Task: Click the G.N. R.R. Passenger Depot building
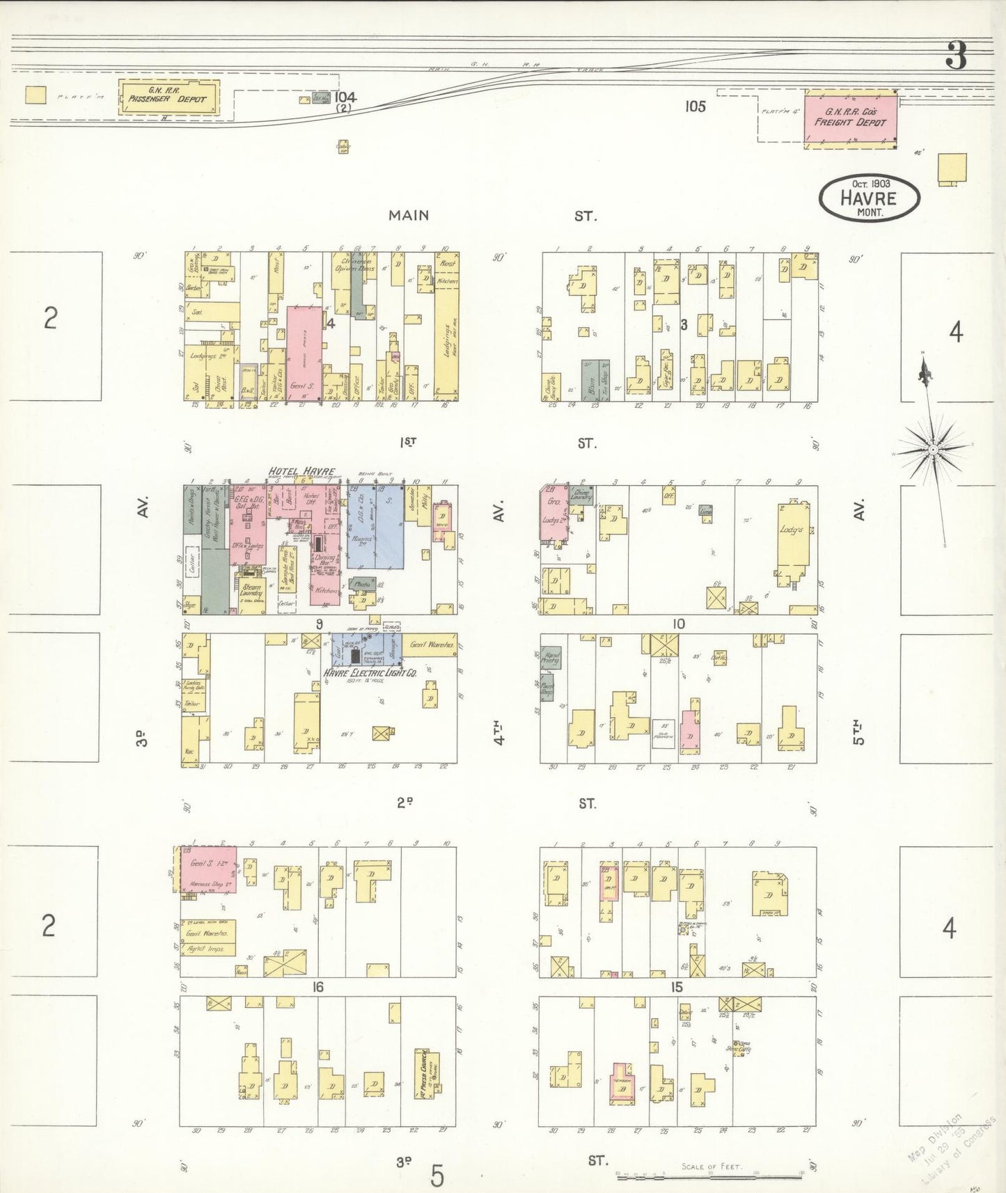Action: (168, 98)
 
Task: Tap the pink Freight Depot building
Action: (850, 118)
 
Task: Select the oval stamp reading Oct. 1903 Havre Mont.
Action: (869, 198)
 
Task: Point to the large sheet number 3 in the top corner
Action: (957, 56)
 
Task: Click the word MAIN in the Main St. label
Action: (409, 216)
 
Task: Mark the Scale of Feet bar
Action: (710, 1177)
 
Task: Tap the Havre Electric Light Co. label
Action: (369, 673)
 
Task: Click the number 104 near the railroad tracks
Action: (345, 97)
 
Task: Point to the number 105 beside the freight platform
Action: (695, 106)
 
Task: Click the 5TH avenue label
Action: (859, 732)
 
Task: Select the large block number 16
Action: (317, 987)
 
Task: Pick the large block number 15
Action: (677, 987)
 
